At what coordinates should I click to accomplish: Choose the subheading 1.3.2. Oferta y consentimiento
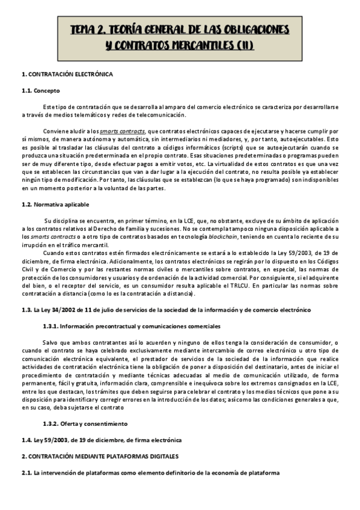click(93, 423)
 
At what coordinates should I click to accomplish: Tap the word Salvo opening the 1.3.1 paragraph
click(52, 342)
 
